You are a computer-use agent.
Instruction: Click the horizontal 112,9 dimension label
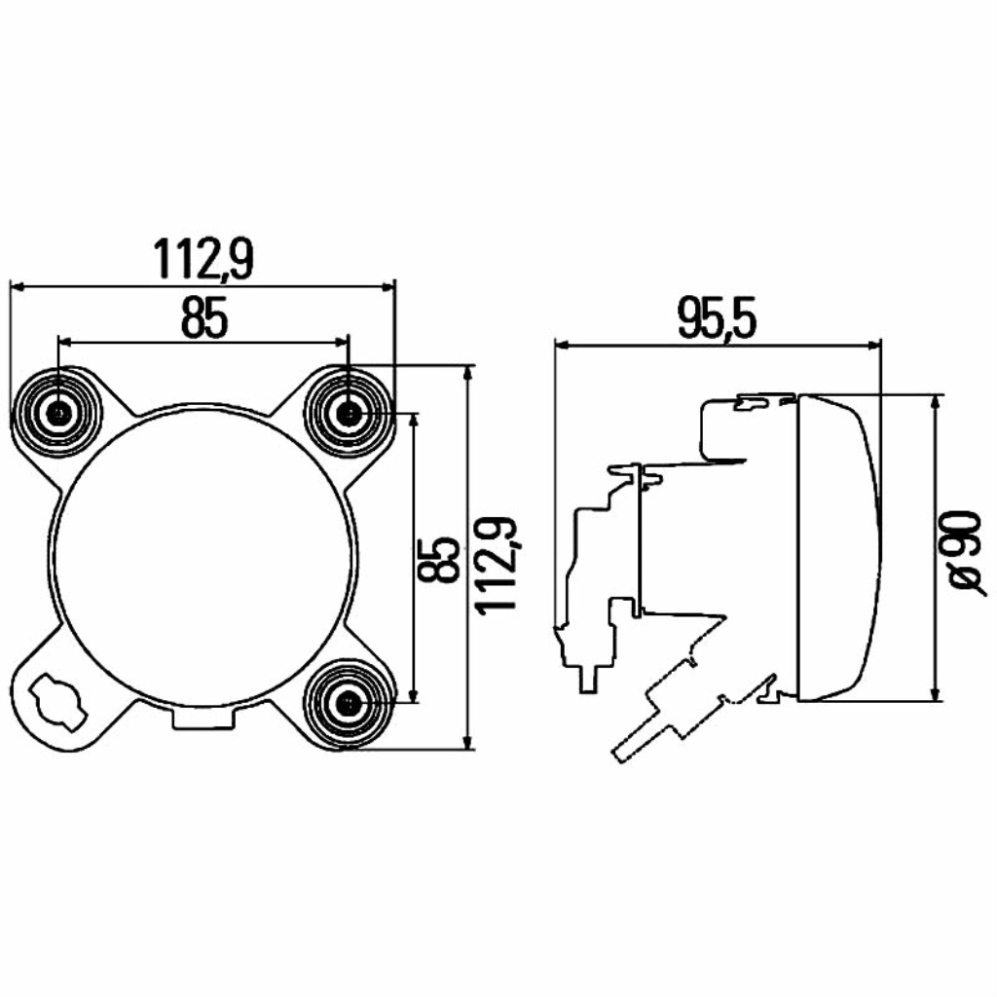[x=203, y=259]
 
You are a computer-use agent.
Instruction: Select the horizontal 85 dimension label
[x=203, y=318]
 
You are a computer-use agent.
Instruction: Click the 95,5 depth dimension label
[x=717, y=318]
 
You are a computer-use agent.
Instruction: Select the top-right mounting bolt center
[x=349, y=414]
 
